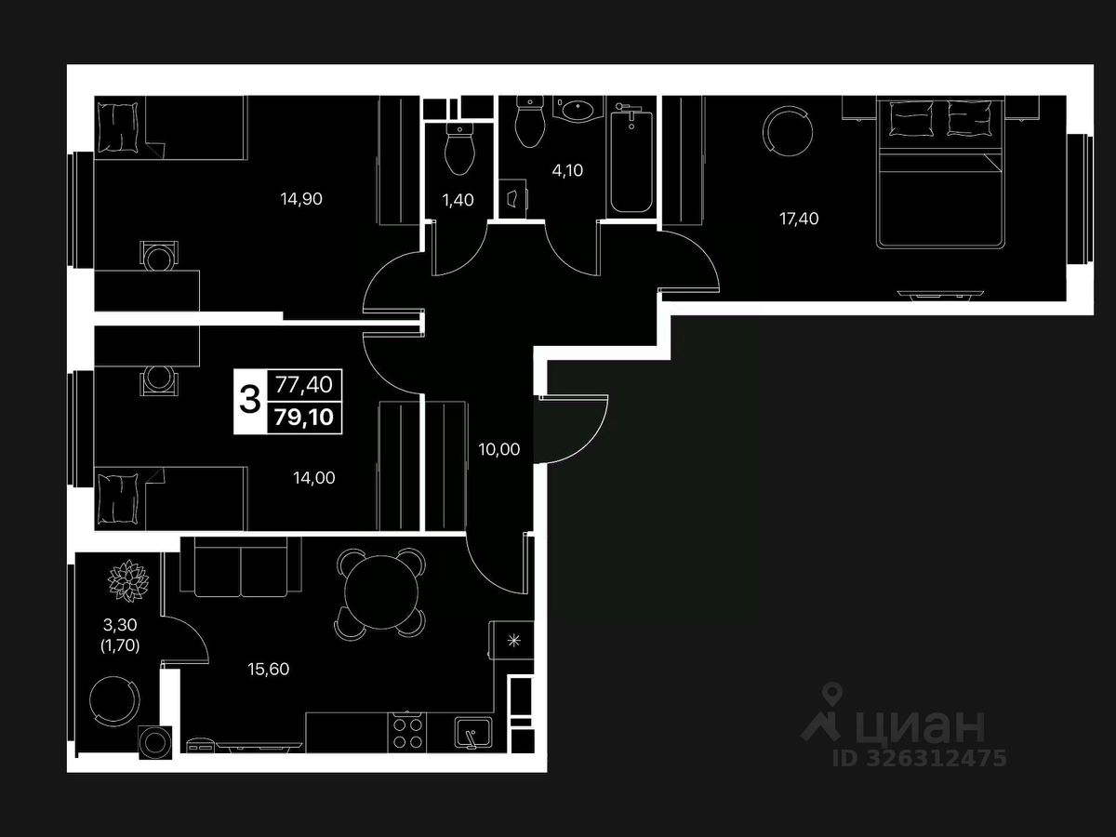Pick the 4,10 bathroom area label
567,171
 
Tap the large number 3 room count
249,400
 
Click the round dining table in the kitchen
380,591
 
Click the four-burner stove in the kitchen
407,731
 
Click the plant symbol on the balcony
128,579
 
